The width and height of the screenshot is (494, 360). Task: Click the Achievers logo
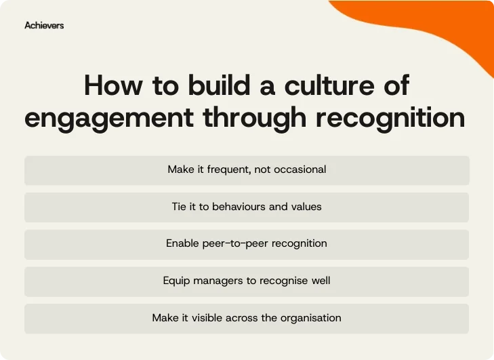[x=44, y=25]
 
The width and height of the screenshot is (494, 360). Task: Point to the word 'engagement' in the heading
[x=106, y=118]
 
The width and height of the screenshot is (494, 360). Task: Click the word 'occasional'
[x=300, y=169]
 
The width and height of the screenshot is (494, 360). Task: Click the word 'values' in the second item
[x=306, y=206]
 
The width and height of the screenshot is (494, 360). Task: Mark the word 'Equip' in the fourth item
[x=176, y=281]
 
